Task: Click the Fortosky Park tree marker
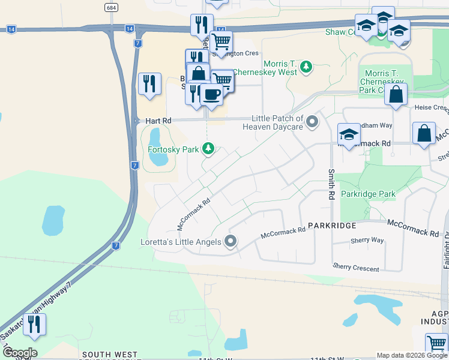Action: point(208,148)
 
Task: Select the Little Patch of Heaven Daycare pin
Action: point(312,122)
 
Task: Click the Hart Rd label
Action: point(158,121)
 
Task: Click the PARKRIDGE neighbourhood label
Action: point(333,226)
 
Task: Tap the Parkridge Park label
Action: point(368,194)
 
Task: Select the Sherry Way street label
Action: point(367,240)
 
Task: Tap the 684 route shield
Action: point(110,7)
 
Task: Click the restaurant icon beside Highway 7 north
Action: point(149,84)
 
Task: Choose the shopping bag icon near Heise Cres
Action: point(396,94)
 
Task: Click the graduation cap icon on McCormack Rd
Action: point(349,134)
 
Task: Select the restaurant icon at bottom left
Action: point(35,325)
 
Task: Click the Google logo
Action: point(19,353)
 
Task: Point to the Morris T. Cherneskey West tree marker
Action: point(306,66)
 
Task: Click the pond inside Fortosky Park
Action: point(158,147)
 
